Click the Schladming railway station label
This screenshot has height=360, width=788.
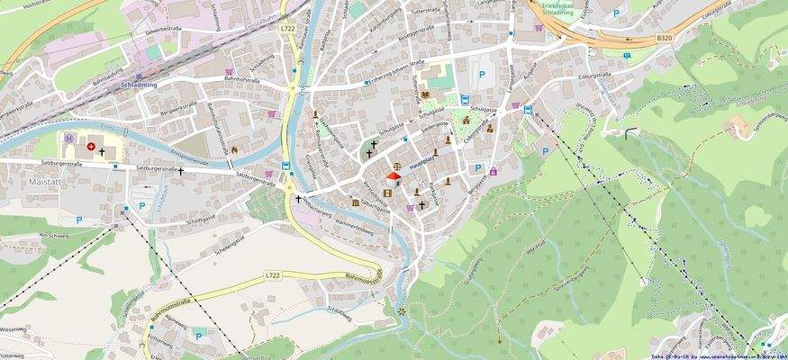[138, 82]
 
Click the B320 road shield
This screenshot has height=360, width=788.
[664, 38]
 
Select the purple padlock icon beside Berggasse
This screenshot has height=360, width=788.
[493, 171]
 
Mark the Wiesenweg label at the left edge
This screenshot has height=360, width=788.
[13, 329]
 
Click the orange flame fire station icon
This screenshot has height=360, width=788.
[234, 149]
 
